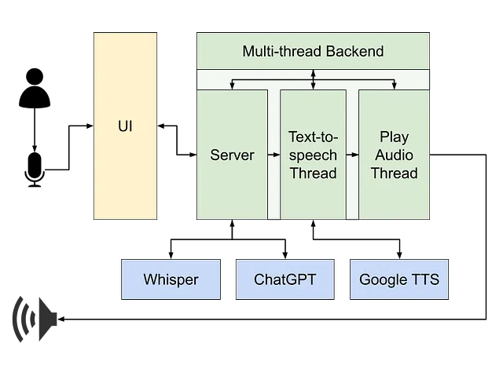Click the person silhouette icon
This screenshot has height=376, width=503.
click(35, 88)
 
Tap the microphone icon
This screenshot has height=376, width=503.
click(35, 170)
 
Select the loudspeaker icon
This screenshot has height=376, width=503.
click(35, 319)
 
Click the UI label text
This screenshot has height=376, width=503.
click(125, 126)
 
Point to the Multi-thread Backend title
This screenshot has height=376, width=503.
click(313, 51)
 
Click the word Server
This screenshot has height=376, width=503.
click(233, 155)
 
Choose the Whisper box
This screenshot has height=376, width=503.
click(171, 279)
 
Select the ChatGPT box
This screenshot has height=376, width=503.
click(285, 279)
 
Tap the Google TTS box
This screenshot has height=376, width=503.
click(399, 279)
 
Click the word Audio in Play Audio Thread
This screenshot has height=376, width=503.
click(395, 155)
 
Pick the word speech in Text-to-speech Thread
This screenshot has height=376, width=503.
click(313, 155)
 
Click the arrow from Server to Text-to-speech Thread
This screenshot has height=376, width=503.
click(274, 155)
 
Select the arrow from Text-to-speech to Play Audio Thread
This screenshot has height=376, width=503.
click(352, 155)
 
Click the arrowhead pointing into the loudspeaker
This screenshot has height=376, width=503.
click(61, 319)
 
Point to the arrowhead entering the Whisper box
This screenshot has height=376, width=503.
click(171, 256)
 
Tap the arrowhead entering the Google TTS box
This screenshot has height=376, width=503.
click(399, 256)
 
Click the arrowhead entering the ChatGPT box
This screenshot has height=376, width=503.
click(285, 256)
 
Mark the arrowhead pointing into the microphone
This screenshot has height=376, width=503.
click(35, 148)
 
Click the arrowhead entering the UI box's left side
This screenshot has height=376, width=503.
click(90, 126)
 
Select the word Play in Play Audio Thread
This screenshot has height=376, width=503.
click(395, 137)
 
